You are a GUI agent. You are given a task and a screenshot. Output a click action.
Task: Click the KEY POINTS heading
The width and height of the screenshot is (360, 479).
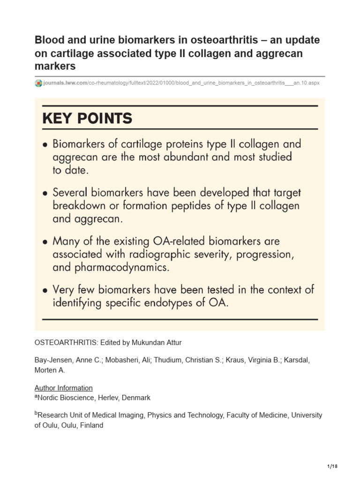[x=87, y=118]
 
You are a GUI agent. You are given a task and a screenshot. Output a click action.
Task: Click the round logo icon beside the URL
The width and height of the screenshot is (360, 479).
[x=38, y=83]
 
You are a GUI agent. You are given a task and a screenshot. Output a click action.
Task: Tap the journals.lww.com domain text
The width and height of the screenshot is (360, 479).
[x=65, y=83]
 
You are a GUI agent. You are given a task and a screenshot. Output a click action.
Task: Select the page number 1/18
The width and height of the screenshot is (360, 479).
[x=332, y=466]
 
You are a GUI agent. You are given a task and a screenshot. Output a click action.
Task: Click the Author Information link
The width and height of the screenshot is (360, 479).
[x=63, y=388]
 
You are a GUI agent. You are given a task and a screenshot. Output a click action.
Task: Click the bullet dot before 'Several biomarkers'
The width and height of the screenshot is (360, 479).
[x=45, y=193]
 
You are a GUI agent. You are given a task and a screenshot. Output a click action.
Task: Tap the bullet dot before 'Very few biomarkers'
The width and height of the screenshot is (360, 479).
[x=45, y=290]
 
